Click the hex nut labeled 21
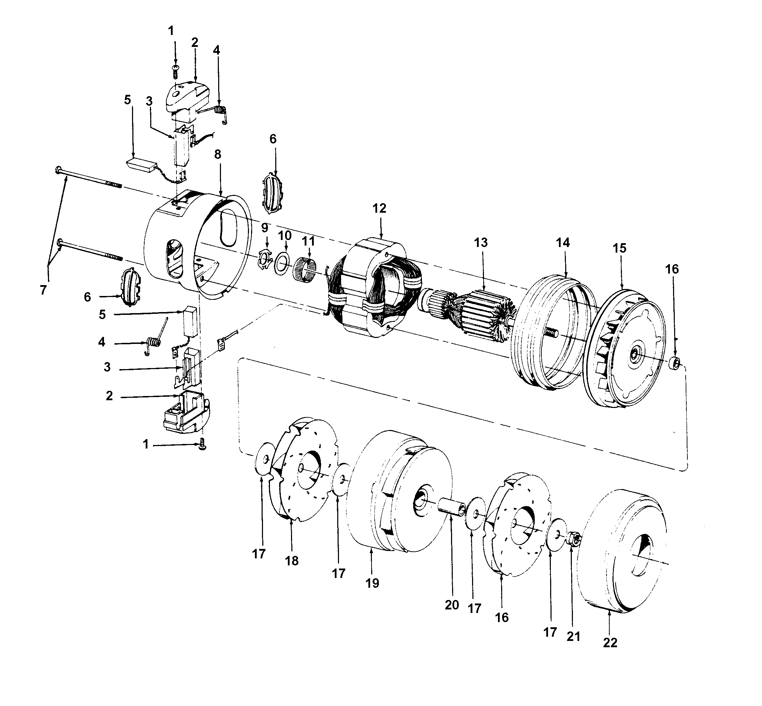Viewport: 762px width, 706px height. pyautogui.click(x=574, y=539)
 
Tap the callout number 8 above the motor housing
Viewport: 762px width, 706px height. pyautogui.click(x=217, y=155)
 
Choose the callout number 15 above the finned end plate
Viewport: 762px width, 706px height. pyautogui.click(x=619, y=248)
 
